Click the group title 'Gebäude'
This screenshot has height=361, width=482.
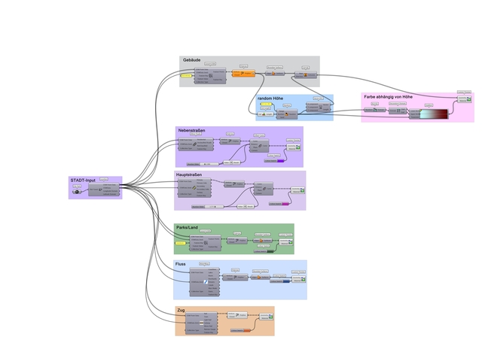pos(191,60)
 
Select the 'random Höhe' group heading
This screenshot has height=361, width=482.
pos(270,99)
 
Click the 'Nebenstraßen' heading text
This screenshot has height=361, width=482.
pos(193,131)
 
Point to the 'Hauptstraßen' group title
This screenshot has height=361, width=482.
pos(192,175)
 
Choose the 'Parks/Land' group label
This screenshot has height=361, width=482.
pos(188,227)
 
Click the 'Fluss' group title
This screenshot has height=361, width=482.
pos(181,265)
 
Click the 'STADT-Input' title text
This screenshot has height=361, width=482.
pos(83,180)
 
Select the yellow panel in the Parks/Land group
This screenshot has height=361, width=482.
pos(180,244)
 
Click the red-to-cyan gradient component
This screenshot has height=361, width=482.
pos(433,113)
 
